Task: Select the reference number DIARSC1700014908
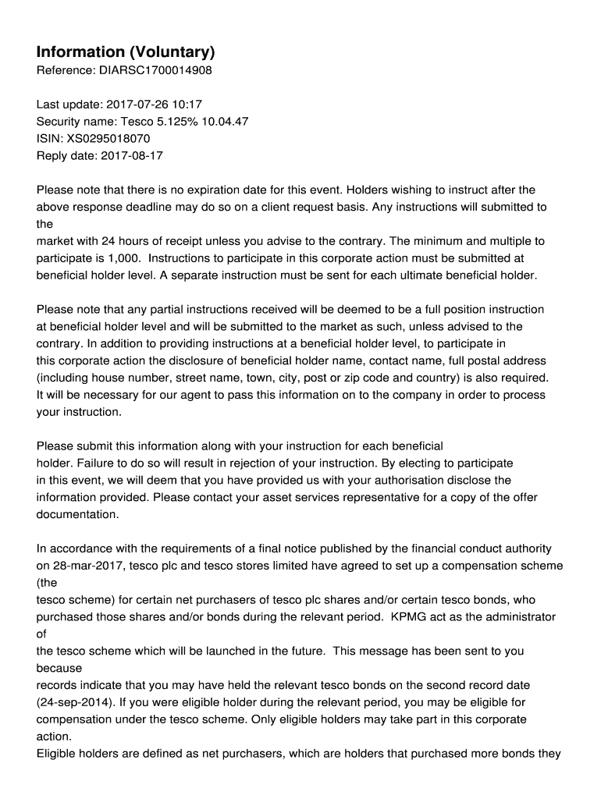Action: (155, 71)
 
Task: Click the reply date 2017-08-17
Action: (132, 155)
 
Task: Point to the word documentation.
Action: (77, 515)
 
